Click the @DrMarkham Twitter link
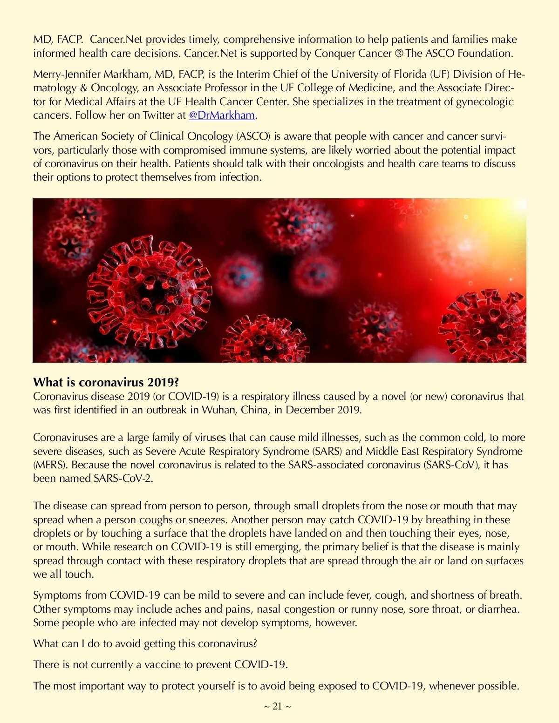(222, 115)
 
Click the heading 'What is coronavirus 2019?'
(106, 382)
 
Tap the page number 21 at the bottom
(277, 706)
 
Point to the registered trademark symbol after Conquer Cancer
(399, 53)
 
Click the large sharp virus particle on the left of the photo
(149, 286)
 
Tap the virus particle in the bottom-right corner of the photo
(487, 326)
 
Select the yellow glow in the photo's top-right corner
(503, 223)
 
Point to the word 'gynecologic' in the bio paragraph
(484, 101)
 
